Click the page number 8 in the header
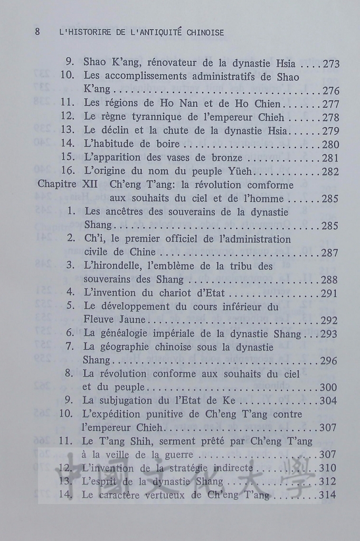click(37, 32)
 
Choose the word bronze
click(228, 157)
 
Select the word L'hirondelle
click(113, 266)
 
